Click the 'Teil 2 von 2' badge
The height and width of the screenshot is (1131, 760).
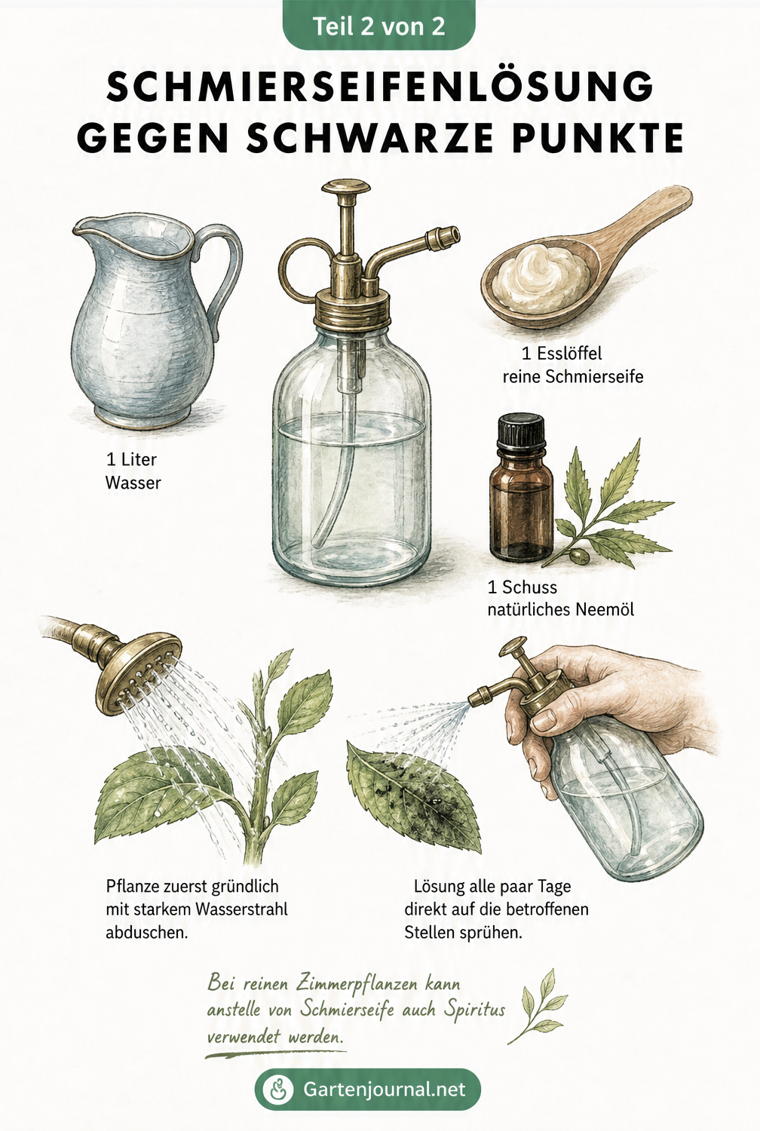(x=378, y=25)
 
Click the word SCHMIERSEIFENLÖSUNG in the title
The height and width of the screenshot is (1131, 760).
(x=380, y=87)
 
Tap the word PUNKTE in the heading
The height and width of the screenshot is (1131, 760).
(x=599, y=137)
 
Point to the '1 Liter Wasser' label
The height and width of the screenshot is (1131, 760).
(x=133, y=471)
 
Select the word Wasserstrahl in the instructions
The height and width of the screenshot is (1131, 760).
(x=241, y=909)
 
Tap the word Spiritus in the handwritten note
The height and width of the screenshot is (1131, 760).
(x=475, y=1010)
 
